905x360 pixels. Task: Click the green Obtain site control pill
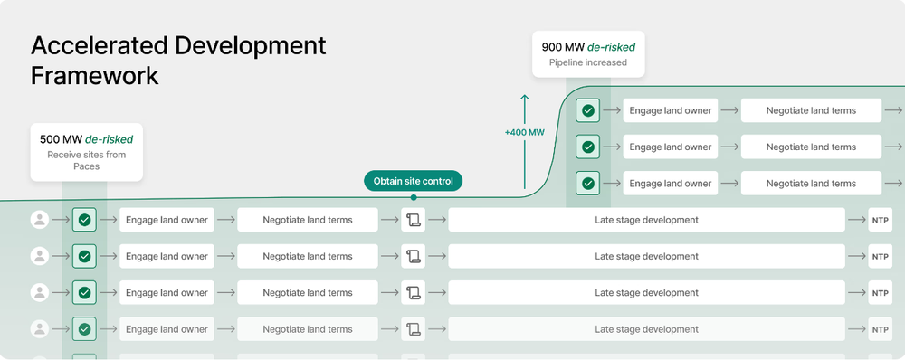(x=414, y=181)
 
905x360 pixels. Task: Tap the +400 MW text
(x=524, y=133)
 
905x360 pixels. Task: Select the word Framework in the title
(x=95, y=76)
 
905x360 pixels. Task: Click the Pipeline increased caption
(x=587, y=62)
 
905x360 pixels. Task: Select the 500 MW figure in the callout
(x=61, y=139)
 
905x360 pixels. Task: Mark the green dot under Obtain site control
(x=414, y=197)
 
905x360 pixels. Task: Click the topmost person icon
(x=40, y=220)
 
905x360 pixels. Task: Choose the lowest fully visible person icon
(x=40, y=329)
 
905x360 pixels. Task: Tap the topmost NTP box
(x=880, y=220)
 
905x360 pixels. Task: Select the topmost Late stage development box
(x=646, y=220)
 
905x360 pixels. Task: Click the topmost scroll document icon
(x=414, y=220)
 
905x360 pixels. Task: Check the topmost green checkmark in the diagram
(x=588, y=110)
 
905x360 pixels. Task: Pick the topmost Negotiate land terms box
(x=811, y=110)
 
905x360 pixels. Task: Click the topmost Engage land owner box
(x=670, y=110)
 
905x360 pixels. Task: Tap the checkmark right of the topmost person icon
(x=84, y=220)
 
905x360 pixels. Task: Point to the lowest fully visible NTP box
(x=880, y=329)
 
